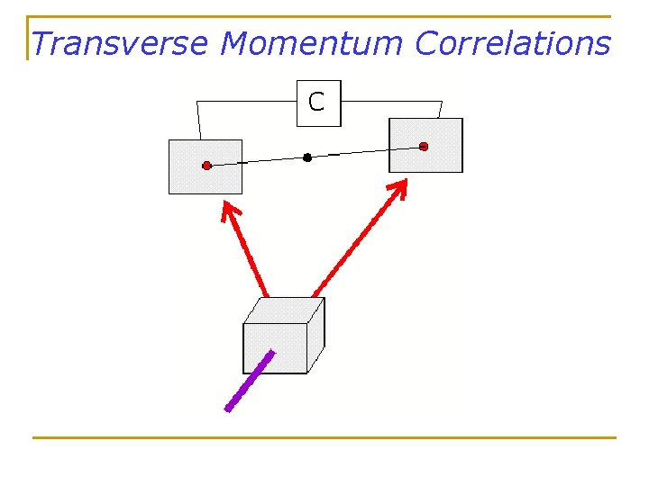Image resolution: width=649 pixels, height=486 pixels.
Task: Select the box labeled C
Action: point(317,103)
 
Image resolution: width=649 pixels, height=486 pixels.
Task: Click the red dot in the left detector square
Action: point(206,166)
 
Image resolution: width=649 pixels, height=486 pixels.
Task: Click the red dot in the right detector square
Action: point(424,146)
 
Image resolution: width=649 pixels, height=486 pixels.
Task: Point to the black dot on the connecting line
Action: point(307,157)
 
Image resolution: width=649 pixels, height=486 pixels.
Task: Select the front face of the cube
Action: point(275,348)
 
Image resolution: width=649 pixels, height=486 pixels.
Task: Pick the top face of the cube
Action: point(285,310)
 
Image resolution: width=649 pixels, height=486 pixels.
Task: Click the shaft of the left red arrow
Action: point(251,256)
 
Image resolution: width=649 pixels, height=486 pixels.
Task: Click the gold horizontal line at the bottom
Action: point(324,437)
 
